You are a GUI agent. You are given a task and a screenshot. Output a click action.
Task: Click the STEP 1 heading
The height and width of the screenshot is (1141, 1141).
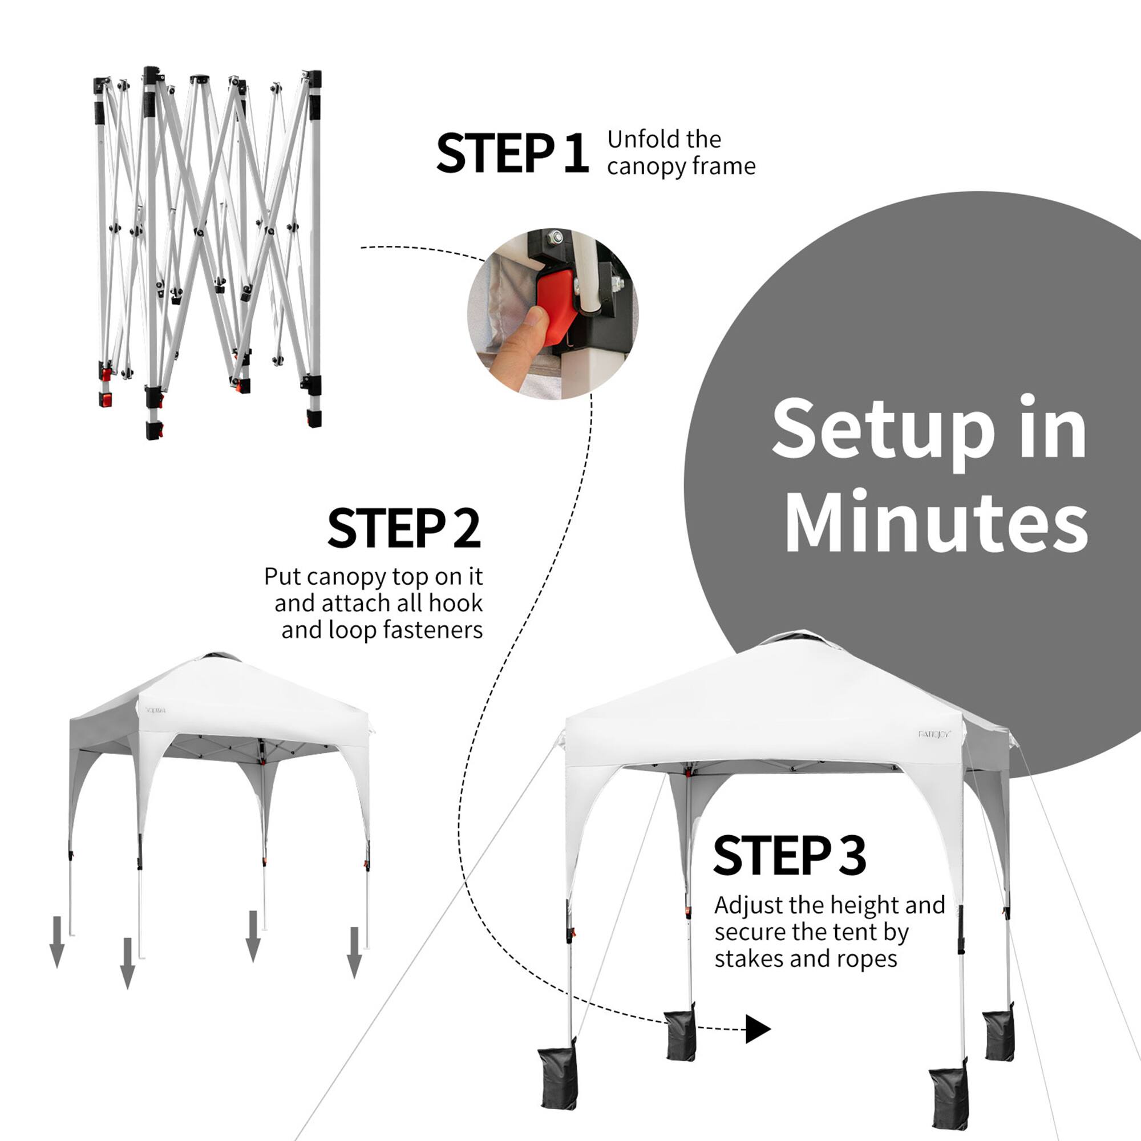pos(511,153)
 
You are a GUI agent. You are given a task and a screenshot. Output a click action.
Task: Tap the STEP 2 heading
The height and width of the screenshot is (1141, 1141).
pos(404,528)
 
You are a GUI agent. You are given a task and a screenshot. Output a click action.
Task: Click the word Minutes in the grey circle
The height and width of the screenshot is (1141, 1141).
pos(936,521)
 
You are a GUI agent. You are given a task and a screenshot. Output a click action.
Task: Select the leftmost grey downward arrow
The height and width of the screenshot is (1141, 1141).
pos(56,941)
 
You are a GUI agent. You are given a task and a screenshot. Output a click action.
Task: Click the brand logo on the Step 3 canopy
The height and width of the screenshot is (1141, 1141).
pos(934,734)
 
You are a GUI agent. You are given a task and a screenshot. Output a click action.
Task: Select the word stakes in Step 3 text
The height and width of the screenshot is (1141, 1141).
pos(748,958)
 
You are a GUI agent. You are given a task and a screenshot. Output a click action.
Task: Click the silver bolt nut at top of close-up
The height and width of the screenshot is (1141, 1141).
pos(555,238)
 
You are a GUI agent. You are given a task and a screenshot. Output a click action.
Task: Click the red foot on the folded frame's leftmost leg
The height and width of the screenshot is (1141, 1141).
pos(106,400)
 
